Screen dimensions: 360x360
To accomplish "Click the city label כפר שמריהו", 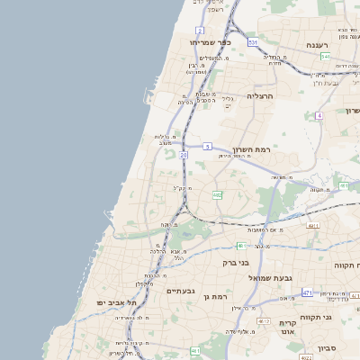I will [211, 41].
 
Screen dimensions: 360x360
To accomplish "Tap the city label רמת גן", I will [219, 296].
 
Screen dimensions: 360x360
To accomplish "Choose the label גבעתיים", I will [181, 291].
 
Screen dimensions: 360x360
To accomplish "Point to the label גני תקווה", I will [340, 317].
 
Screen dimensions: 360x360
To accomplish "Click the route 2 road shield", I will [199, 31].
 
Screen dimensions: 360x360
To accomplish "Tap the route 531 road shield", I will [254, 42].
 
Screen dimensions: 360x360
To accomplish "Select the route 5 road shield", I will [207, 146].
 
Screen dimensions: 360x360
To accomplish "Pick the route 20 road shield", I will [184, 155].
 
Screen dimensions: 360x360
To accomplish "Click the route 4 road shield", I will [319, 116].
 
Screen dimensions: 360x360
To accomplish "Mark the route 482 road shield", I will [217, 194].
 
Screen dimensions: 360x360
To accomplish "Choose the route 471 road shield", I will [308, 292].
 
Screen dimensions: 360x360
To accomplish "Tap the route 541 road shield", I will [324, 57].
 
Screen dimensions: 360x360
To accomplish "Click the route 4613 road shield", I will [195, 350].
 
